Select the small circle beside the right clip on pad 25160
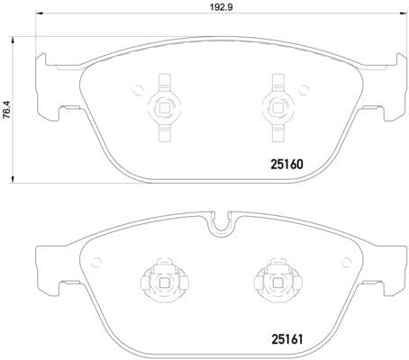click(x=302, y=88)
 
